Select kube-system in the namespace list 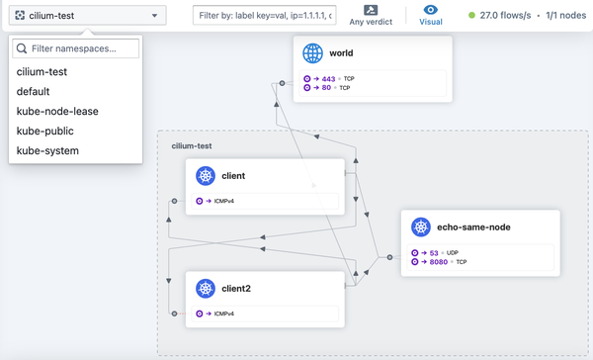pyautogui.click(x=47, y=150)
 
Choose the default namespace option pyautogui.click(x=33, y=91)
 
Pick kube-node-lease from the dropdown pyautogui.click(x=57, y=111)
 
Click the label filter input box pyautogui.click(x=263, y=16)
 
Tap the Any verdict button pyautogui.click(x=371, y=16)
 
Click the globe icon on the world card pyautogui.click(x=313, y=53)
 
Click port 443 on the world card pyautogui.click(x=327, y=78)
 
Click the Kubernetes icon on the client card pyautogui.click(x=206, y=176)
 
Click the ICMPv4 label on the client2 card pyautogui.click(x=223, y=314)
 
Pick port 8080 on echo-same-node pyautogui.click(x=439, y=262)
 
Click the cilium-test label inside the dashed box pyautogui.click(x=192, y=145)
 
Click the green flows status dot pyautogui.click(x=471, y=16)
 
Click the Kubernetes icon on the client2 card pyautogui.click(x=206, y=289)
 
